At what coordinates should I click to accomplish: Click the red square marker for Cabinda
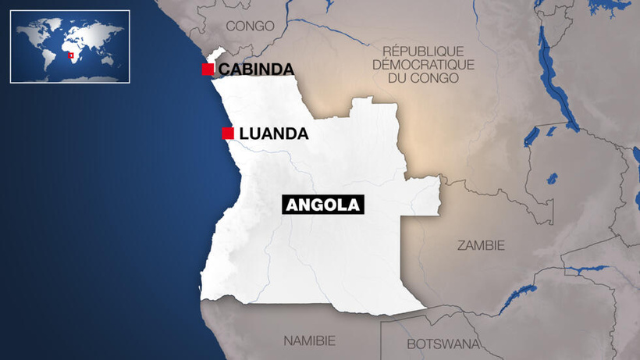coord(208,70)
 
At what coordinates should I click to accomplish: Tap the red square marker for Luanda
coord(227,133)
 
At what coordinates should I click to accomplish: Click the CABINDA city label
coord(256,70)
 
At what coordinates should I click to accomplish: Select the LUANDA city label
coord(273,134)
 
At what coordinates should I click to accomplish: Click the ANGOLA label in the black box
coord(323,205)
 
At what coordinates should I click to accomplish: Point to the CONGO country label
coord(250,26)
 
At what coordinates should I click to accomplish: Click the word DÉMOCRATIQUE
coord(423,65)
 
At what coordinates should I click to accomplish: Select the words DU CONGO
coord(424,80)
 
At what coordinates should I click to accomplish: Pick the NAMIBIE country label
coord(309,340)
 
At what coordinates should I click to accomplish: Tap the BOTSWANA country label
coord(441,344)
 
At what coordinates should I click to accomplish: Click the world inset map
coord(70,46)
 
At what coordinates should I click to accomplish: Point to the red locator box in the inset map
coord(72,56)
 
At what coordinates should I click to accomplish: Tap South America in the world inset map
coord(47,59)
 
